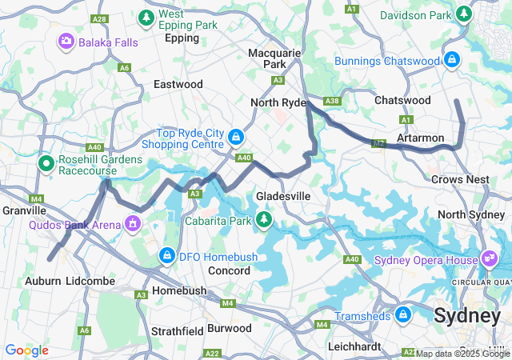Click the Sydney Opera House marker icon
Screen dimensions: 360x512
coord(489,258)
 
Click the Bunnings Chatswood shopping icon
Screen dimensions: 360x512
coord(452,60)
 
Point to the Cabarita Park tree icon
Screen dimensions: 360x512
coord(264,218)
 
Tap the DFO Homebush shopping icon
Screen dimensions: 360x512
coord(167,255)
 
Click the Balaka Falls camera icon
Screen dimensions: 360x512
coord(66,40)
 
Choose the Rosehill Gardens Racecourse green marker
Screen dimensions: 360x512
coord(46,163)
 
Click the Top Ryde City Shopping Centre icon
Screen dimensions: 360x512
coord(236,137)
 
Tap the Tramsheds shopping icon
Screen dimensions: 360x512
coord(402,314)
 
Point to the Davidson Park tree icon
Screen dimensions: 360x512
coord(465,14)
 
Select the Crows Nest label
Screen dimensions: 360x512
coord(460,180)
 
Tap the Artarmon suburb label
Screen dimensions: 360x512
coord(420,138)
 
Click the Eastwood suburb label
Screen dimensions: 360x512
coord(178,84)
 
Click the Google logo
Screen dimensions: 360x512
coord(26,350)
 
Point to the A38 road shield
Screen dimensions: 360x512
coord(332,101)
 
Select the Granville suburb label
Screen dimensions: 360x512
coord(24,210)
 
